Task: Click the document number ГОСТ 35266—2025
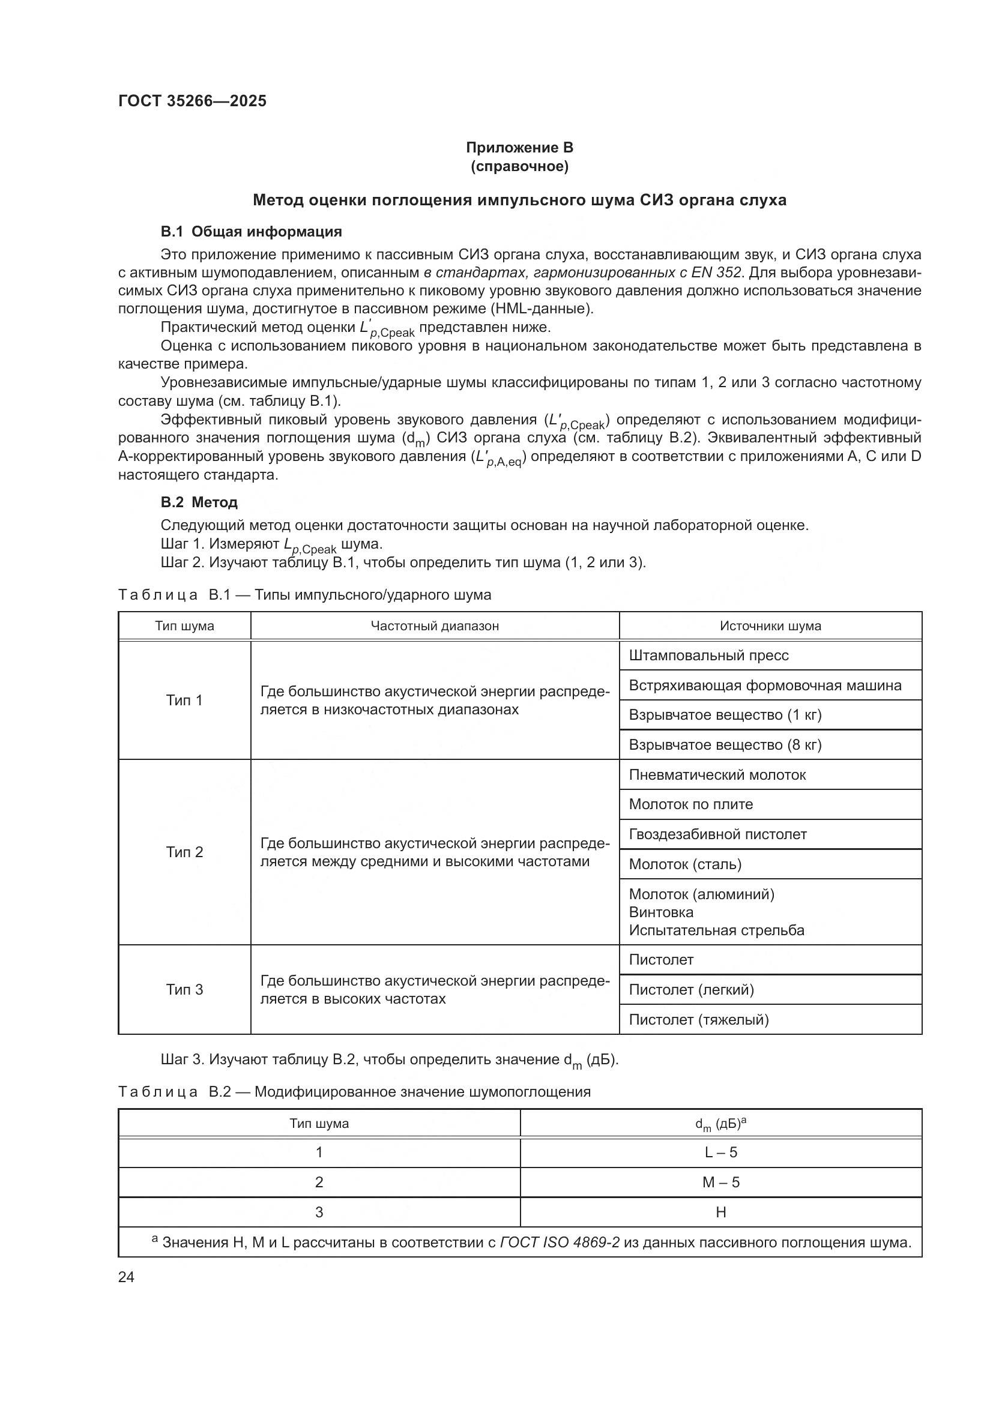[192, 101]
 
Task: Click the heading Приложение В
[519, 148]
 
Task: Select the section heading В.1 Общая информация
[251, 232]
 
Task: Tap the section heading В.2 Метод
[199, 502]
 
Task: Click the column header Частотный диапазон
[434, 626]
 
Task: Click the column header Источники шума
[770, 626]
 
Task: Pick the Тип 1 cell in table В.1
[184, 700]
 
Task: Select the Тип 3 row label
[184, 989]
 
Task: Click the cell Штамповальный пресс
[708, 655]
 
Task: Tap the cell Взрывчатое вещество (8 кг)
[725, 745]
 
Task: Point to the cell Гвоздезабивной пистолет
[717, 834]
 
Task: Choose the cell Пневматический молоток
[717, 775]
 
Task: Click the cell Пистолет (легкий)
[691, 989]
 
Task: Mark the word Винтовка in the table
[661, 912]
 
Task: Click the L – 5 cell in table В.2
[720, 1152]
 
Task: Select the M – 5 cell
[720, 1183]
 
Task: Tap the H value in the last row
[720, 1213]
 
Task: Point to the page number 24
[126, 1277]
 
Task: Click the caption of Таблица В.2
[354, 1092]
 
